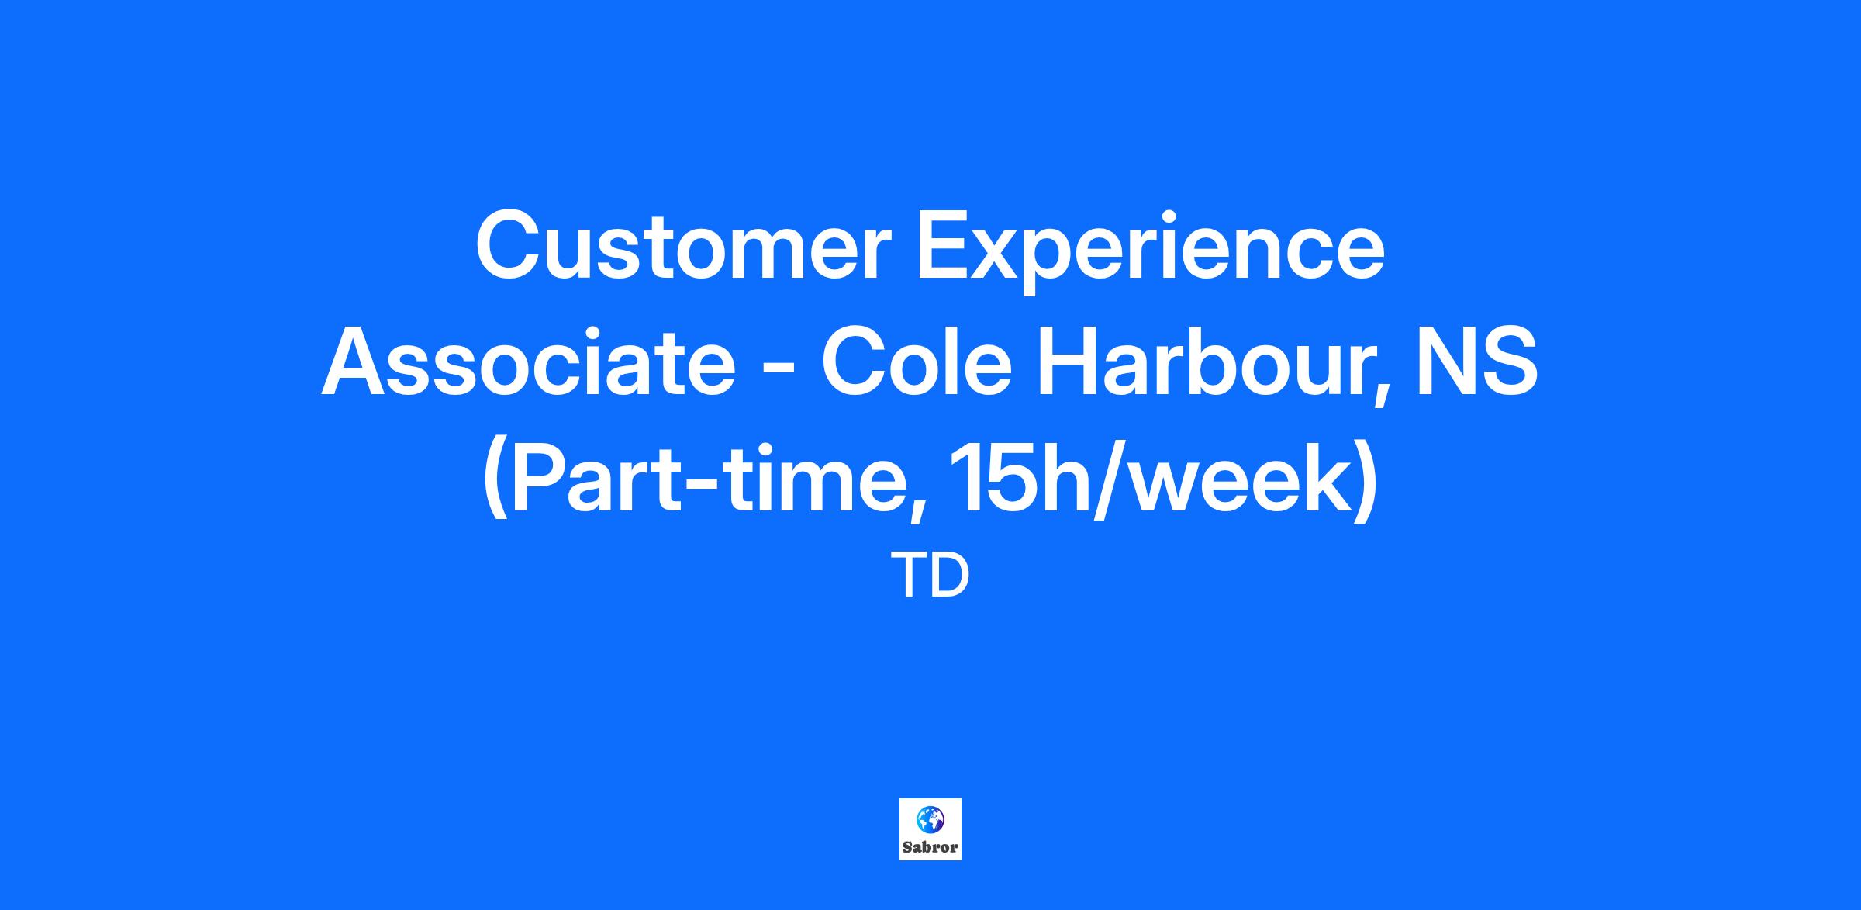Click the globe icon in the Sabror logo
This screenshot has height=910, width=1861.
click(x=930, y=818)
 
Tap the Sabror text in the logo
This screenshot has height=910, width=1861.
click(x=930, y=847)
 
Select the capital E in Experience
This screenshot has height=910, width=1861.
click(x=944, y=245)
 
